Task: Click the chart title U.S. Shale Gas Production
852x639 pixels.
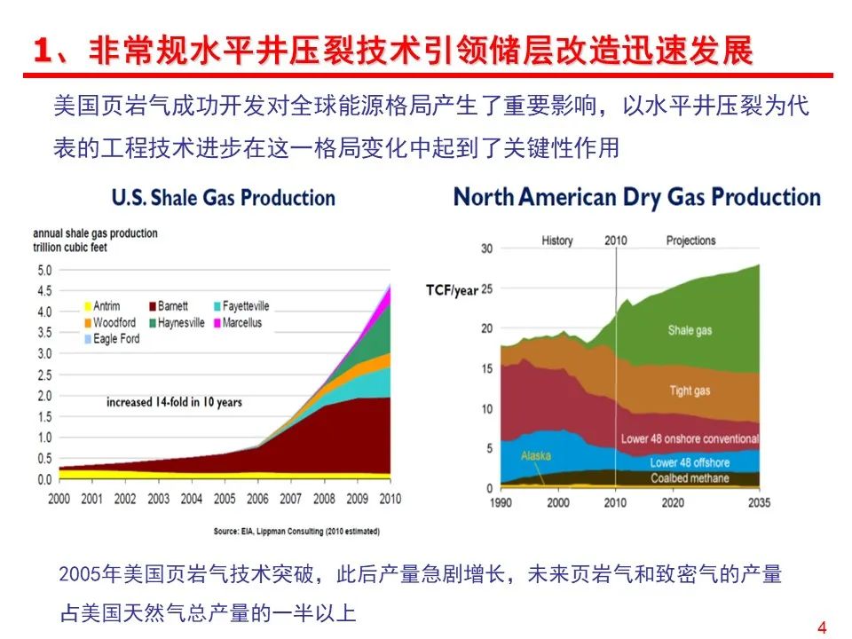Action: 223,197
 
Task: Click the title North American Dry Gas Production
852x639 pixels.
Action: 636,196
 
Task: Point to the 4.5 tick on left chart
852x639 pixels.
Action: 43,290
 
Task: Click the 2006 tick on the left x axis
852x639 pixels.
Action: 256,499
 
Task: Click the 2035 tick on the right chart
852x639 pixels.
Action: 759,503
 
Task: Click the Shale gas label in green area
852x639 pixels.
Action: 690,331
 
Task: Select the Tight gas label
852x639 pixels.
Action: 690,390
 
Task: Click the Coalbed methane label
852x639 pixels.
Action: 690,478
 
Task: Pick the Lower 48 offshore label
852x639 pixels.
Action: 690,462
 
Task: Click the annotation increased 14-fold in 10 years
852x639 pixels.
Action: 174,402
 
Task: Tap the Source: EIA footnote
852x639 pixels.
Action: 296,532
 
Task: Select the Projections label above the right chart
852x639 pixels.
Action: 690,241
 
